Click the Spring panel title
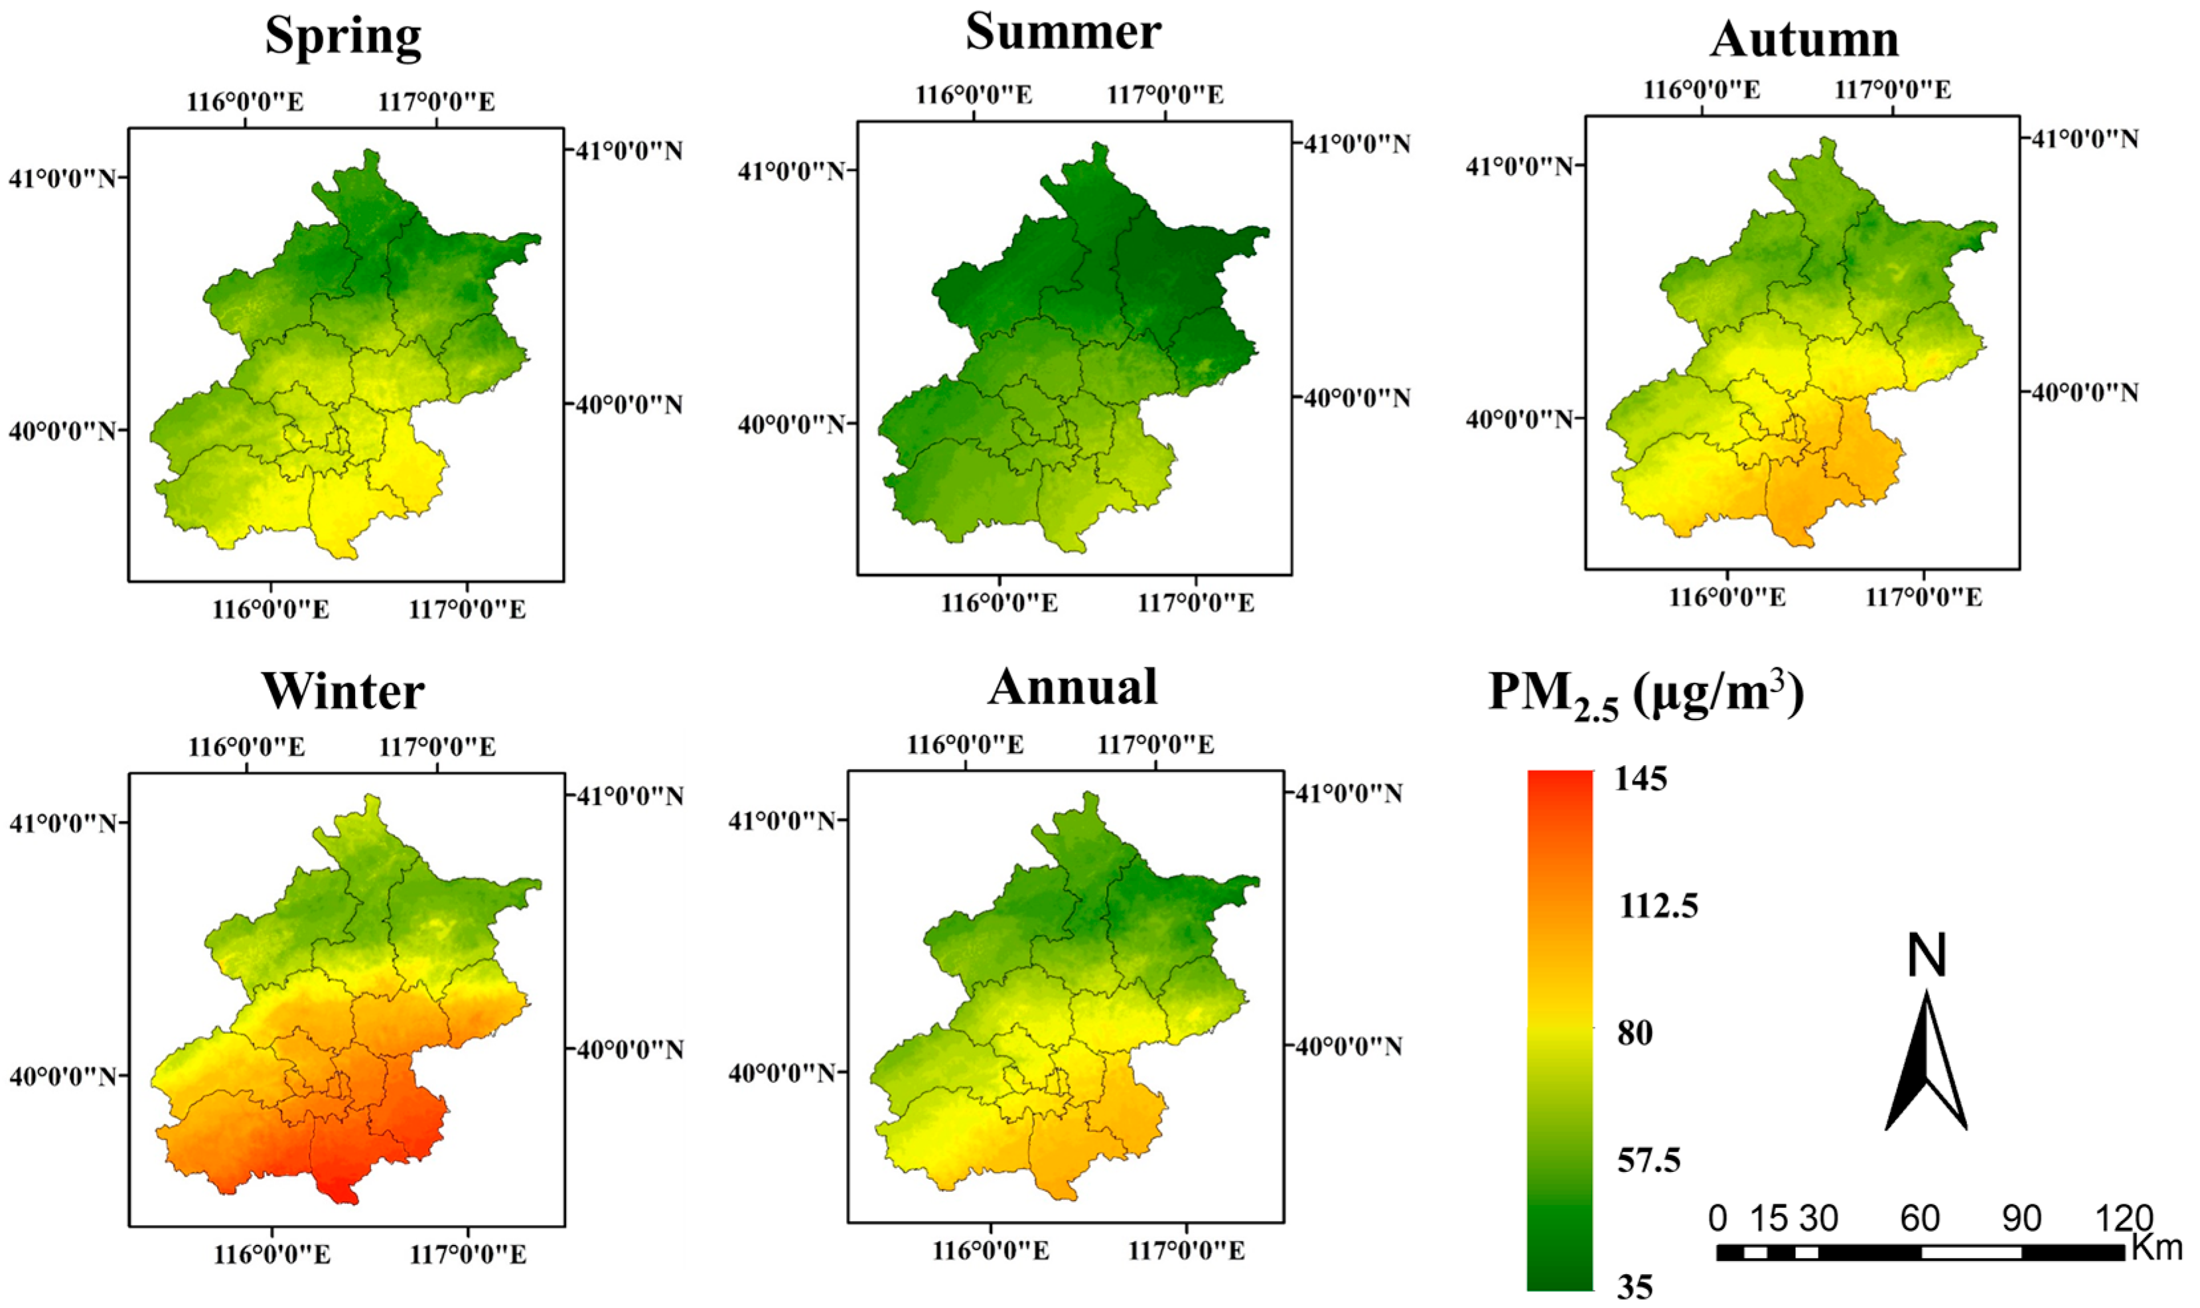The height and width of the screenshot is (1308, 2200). pyautogui.click(x=343, y=37)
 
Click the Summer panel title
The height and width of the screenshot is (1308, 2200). pyautogui.click(x=1063, y=33)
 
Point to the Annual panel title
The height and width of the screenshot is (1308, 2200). pyautogui.click(x=1072, y=687)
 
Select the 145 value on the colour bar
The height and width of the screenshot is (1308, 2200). pyautogui.click(x=1641, y=779)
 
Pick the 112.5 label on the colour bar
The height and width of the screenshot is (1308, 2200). pyautogui.click(x=1657, y=906)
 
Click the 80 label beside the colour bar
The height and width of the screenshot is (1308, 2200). pyautogui.click(x=1635, y=1032)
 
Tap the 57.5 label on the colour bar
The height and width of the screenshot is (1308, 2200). pyautogui.click(x=1649, y=1161)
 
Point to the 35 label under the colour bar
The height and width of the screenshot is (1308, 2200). pyautogui.click(x=1635, y=1287)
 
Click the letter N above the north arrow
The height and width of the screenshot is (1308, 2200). pyautogui.click(x=1927, y=956)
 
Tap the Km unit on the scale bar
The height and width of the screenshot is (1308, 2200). pyautogui.click(x=2156, y=1247)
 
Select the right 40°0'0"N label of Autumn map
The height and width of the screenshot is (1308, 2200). pyautogui.click(x=2085, y=392)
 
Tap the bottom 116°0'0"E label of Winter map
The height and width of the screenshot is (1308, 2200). pyautogui.click(x=271, y=1254)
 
